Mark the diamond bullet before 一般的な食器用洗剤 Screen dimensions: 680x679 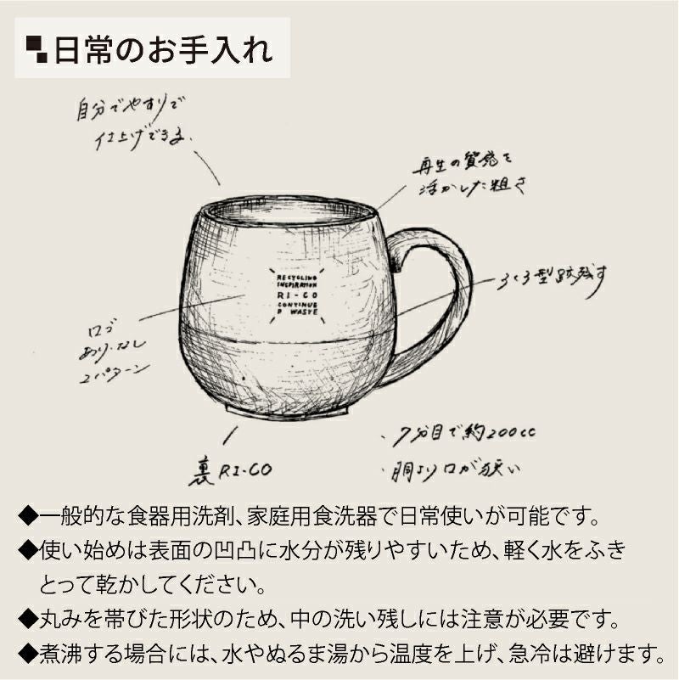point(26,515)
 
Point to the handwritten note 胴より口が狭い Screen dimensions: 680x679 point(459,468)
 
